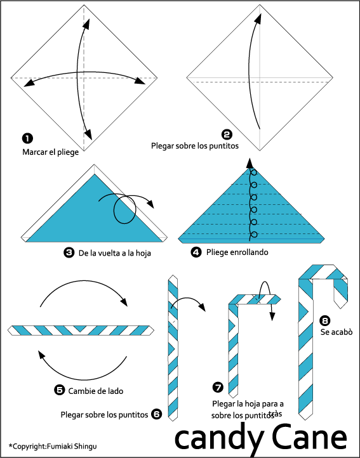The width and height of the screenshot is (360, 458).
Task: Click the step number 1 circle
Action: (27, 138)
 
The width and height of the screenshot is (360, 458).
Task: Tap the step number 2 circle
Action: (227, 134)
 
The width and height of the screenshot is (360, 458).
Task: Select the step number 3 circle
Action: (69, 252)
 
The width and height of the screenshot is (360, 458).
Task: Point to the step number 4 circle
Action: (196, 252)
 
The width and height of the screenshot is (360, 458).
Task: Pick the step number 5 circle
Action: (60, 390)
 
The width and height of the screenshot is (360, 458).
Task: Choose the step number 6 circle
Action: (156, 414)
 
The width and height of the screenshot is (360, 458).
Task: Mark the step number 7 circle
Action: (218, 388)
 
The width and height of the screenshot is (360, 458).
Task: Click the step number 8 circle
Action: (324, 320)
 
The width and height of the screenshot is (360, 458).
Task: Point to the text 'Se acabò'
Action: (337, 332)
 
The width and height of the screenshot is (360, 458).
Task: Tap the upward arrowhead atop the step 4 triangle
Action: (250, 163)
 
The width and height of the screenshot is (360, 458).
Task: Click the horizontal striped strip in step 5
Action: (81, 330)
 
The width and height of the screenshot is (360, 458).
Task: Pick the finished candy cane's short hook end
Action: (340, 294)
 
